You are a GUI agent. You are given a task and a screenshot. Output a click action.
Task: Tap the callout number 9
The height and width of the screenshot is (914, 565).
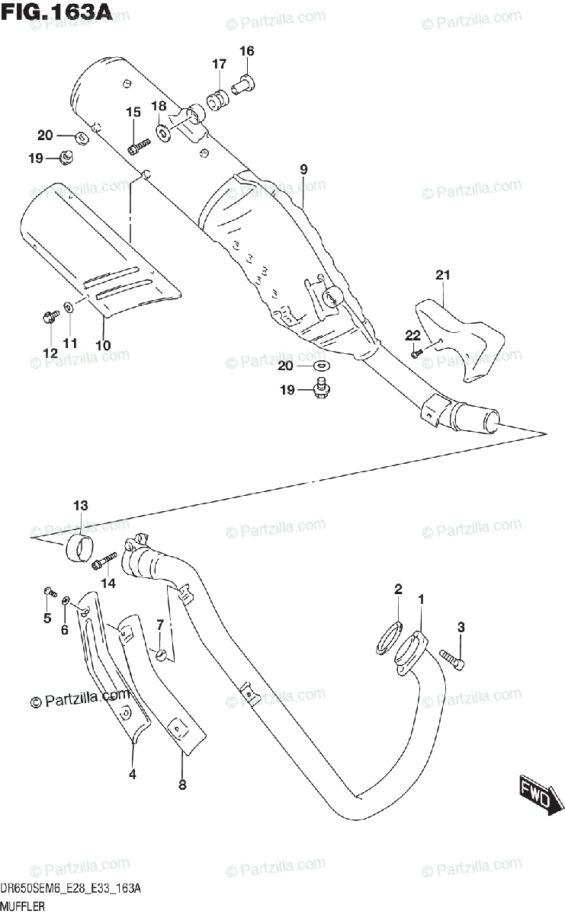[x=303, y=169]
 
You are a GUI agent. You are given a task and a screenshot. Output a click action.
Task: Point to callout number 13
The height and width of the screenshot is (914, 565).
[x=81, y=505]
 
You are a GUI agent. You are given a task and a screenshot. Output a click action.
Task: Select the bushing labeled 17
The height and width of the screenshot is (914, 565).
[x=220, y=100]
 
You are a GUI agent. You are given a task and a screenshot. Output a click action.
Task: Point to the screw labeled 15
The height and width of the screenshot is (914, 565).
[x=138, y=145]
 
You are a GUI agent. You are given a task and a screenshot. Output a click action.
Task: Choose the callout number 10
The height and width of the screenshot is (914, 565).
[x=103, y=345]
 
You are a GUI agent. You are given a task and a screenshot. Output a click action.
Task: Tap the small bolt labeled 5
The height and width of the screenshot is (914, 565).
[x=50, y=591]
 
